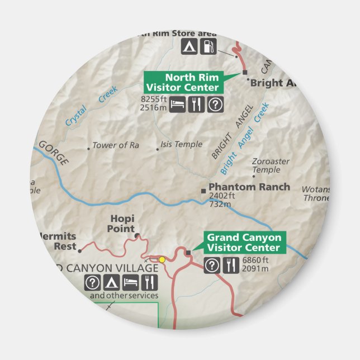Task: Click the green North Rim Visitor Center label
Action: point(184,82)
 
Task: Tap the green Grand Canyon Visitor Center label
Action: point(244,243)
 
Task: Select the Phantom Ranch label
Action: point(249,187)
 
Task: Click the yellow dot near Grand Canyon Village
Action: point(162,259)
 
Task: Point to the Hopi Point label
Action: point(121,224)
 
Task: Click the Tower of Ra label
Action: point(115,145)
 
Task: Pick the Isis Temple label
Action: point(181,144)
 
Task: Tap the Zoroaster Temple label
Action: point(271,165)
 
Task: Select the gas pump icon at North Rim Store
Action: point(209,46)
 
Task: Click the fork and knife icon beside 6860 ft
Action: point(231,266)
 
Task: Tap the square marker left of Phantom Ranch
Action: point(203,191)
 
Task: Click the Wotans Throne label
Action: point(317,193)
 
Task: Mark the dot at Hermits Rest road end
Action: point(80,250)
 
